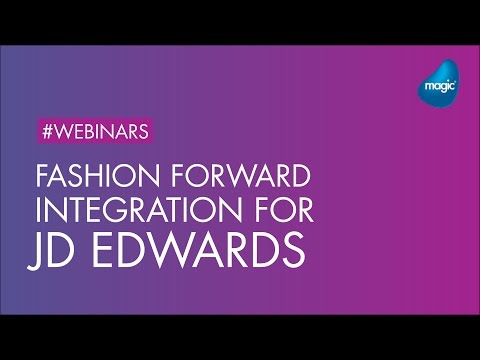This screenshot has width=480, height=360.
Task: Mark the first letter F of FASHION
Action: click(42, 182)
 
